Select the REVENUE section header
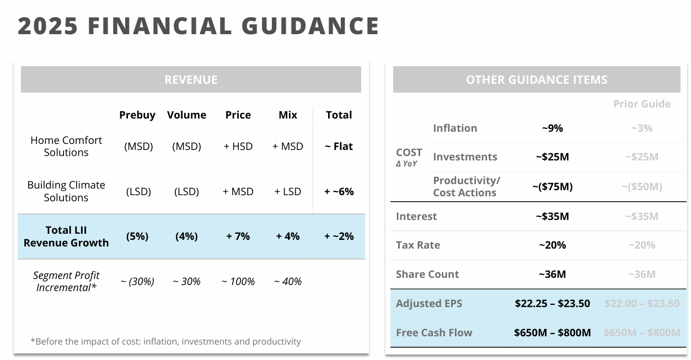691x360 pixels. (x=191, y=79)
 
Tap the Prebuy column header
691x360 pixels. (x=137, y=115)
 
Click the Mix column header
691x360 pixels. (x=288, y=115)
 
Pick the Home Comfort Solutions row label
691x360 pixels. (x=66, y=146)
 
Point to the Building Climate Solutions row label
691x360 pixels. (x=66, y=191)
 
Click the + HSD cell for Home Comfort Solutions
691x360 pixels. (x=238, y=146)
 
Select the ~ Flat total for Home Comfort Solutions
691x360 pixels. (x=339, y=146)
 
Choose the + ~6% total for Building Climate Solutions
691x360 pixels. (x=339, y=191)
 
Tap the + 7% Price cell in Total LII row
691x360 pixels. (x=238, y=236)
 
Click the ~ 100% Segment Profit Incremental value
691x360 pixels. (x=238, y=281)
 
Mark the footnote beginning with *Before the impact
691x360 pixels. (x=165, y=341)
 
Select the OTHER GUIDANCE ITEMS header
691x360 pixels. (x=537, y=79)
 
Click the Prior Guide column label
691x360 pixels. (x=642, y=104)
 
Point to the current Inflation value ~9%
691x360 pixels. (x=552, y=128)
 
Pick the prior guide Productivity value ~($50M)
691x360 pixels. (x=642, y=186)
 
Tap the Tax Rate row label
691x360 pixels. (x=418, y=245)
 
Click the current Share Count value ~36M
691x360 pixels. (x=552, y=274)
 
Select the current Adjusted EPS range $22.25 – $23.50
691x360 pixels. (x=552, y=303)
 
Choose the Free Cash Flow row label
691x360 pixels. (x=434, y=332)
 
